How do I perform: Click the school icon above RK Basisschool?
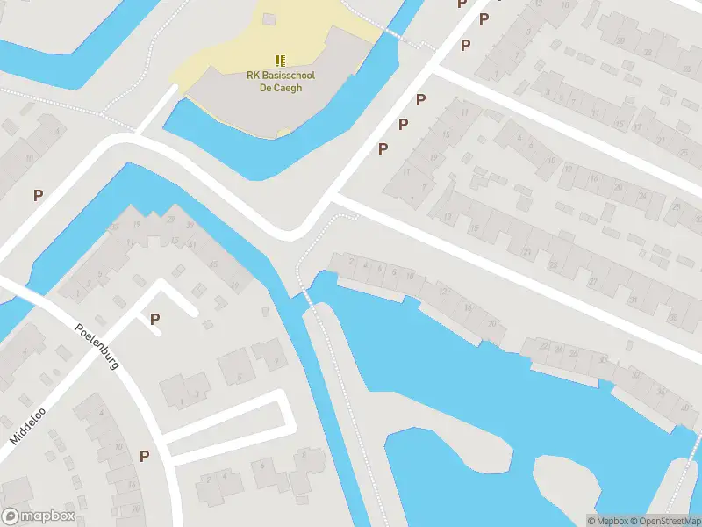pos(280,61)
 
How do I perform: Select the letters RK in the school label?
pos(253,76)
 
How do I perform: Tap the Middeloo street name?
pos(29,421)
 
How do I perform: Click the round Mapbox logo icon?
pos(11,516)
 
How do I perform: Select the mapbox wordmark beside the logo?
pos(47,516)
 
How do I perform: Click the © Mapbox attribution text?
pos(610,521)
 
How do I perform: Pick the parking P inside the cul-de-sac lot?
pos(155,319)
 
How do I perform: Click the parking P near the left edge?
pos(38,195)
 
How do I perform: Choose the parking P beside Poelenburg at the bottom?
pos(144,456)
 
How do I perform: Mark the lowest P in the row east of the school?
pos(383,148)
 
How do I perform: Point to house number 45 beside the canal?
pos(213,263)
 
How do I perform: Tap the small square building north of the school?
pos(269,18)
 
